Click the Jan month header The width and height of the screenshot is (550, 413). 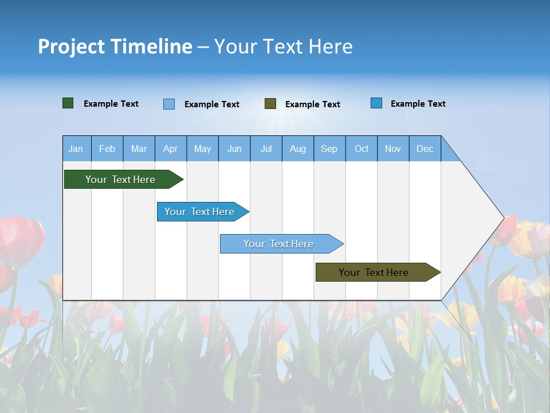coord(76,149)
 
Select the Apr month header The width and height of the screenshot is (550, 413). coord(171,149)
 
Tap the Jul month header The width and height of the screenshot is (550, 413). coord(266,149)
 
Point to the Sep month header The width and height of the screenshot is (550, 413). coord(329,149)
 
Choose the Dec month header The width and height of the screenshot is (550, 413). coord(425,149)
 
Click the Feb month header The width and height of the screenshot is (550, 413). coord(107,149)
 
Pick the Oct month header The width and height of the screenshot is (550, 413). coord(362,149)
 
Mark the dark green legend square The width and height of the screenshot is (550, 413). coord(68,103)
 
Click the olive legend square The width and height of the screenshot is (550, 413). coord(270,103)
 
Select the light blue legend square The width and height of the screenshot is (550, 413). coord(169,104)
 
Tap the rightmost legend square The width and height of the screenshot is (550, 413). coord(376,103)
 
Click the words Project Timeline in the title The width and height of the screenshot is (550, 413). coord(115,46)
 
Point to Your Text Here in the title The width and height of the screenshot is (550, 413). coord(284,46)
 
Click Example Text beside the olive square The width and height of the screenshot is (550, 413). coord(312,104)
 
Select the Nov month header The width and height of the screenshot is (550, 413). coord(393,149)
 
